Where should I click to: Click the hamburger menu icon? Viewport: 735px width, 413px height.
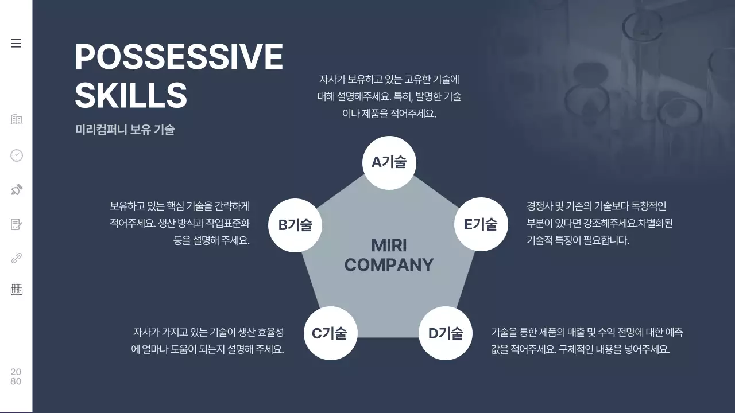click(x=16, y=44)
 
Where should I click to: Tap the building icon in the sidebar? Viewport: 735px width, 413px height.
click(x=17, y=119)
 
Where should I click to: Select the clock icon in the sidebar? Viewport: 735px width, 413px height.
click(x=17, y=155)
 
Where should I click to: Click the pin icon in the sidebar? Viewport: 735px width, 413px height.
click(x=17, y=189)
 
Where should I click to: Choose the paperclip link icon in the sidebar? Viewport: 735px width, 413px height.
click(x=17, y=258)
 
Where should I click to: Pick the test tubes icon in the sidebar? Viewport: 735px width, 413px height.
click(x=17, y=290)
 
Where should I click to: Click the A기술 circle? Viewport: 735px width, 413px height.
click(x=389, y=162)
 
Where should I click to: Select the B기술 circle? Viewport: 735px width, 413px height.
click(x=295, y=225)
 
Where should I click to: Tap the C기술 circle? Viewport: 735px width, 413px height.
click(x=330, y=333)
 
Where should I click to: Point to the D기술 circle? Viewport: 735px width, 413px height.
click(x=446, y=333)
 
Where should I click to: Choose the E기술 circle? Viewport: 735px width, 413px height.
click(x=481, y=224)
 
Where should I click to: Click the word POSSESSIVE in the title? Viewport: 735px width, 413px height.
click(x=179, y=57)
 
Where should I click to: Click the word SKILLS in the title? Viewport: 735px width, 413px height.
click(x=131, y=95)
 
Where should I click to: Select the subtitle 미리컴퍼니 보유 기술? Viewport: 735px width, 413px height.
click(x=125, y=130)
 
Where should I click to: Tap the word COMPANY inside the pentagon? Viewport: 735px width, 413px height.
click(x=389, y=265)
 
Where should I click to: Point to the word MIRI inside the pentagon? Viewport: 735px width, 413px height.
click(x=389, y=246)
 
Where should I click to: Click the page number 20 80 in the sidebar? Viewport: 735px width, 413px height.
click(x=16, y=377)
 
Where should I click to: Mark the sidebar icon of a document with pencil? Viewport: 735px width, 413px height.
click(x=17, y=224)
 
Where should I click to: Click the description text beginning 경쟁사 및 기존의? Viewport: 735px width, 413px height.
click(x=599, y=223)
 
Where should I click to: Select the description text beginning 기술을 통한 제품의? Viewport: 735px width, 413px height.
click(x=586, y=341)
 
